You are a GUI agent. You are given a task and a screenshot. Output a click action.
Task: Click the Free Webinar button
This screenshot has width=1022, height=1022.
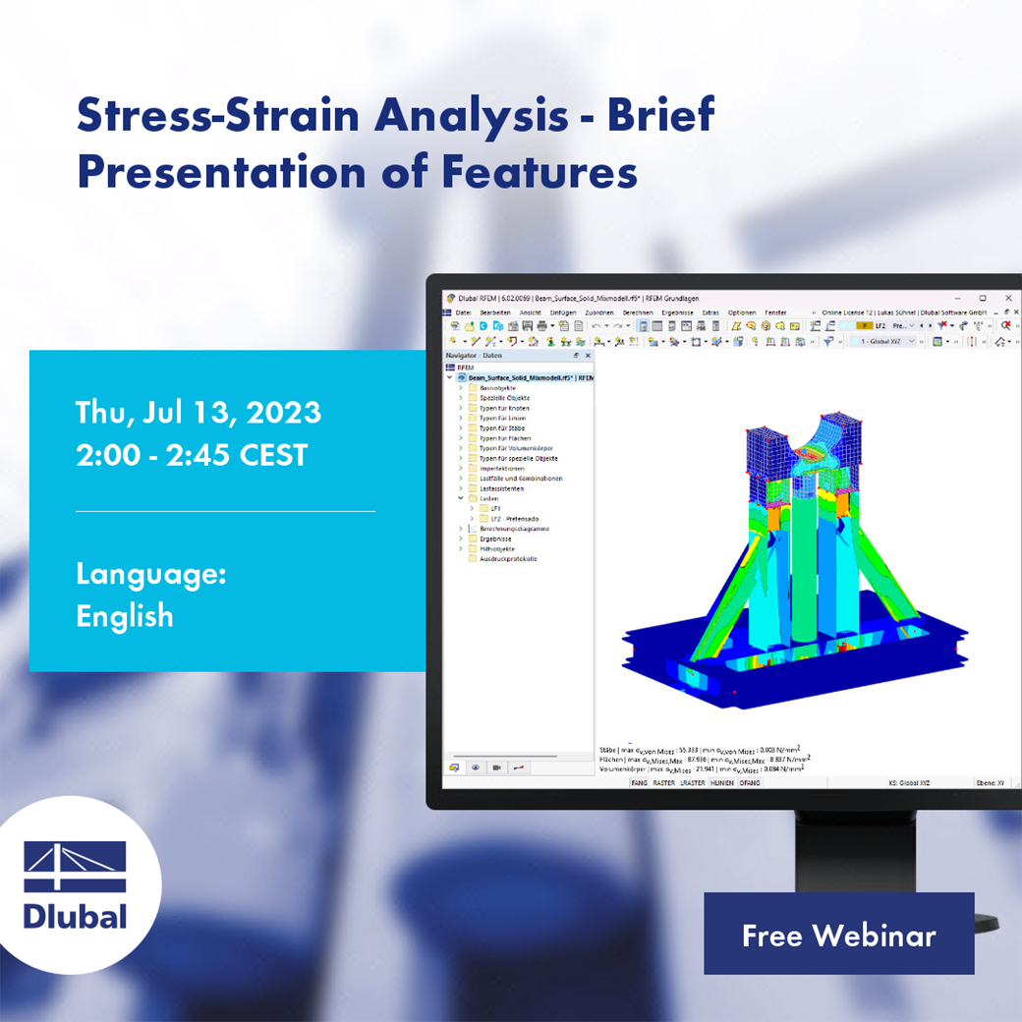(x=838, y=935)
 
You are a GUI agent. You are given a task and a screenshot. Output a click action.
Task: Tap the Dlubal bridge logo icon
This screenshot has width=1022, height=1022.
(x=75, y=867)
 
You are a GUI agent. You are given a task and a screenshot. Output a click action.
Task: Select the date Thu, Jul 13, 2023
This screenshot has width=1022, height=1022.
(x=198, y=412)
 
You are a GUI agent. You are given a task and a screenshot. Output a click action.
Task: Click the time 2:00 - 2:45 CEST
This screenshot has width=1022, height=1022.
(x=192, y=455)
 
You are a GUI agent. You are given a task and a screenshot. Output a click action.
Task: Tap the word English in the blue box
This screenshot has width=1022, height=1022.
(x=125, y=616)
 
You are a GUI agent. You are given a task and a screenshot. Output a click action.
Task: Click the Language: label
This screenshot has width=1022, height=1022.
(x=151, y=574)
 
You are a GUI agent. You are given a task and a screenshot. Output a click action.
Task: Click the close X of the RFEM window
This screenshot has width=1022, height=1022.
(x=1008, y=298)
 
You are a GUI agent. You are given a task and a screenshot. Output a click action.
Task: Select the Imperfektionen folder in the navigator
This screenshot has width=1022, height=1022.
(x=501, y=468)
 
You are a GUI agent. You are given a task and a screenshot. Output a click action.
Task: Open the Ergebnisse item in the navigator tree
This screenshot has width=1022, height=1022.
(x=495, y=539)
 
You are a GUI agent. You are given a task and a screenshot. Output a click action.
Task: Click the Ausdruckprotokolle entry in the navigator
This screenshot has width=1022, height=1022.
(x=508, y=558)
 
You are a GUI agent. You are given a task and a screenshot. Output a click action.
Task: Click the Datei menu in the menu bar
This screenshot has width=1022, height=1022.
(x=464, y=312)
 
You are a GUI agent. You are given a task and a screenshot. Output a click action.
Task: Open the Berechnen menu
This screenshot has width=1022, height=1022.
(x=638, y=312)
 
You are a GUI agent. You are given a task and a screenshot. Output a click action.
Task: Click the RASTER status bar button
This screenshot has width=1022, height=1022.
(x=663, y=782)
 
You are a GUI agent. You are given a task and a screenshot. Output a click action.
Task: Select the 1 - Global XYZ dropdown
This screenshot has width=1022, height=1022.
(x=881, y=341)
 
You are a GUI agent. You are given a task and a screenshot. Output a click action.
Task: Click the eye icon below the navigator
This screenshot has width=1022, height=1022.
(x=476, y=767)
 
